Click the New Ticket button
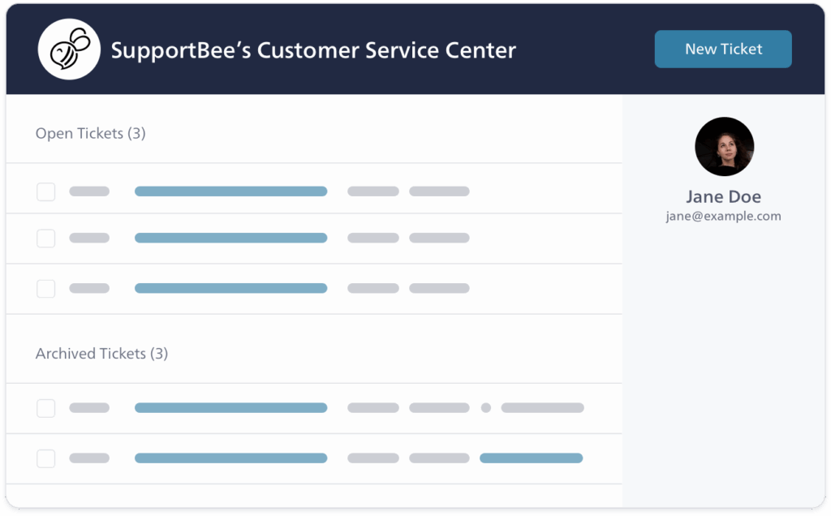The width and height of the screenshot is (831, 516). [723, 49]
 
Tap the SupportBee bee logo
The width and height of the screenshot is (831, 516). [69, 49]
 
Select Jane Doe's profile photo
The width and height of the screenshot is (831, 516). [725, 147]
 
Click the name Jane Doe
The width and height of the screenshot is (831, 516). [724, 196]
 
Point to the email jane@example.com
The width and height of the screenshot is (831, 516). [724, 217]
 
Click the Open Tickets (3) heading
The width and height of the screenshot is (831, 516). [90, 134]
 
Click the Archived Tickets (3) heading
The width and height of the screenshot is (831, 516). [101, 354]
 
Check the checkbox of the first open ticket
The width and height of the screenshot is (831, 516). [46, 191]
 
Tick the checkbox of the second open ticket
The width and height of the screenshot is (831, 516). [46, 239]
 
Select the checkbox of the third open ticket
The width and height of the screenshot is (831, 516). [46, 288]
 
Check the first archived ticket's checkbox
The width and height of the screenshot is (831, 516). [46, 408]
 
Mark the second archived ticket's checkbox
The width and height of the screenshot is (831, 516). [46, 458]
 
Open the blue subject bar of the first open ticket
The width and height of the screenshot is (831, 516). [230, 191]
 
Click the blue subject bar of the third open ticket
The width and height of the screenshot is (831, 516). [230, 288]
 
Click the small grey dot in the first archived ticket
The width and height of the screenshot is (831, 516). [486, 408]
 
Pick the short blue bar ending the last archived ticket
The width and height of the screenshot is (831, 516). [531, 458]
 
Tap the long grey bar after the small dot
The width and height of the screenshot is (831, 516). [542, 408]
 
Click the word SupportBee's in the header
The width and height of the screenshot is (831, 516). [179, 50]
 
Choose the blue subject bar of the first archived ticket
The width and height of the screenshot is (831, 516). [230, 408]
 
